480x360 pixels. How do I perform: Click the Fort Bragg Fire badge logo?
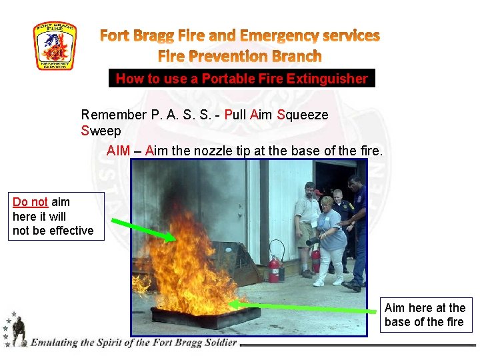tap(55, 47)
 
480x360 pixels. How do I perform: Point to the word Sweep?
tap(101, 131)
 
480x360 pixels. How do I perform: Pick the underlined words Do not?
tap(30, 202)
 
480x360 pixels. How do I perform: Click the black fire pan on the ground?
tap(203, 317)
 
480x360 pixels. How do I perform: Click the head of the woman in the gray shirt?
tap(327, 203)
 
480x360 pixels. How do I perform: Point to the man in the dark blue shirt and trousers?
tap(357, 227)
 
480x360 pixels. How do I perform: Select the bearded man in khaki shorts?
tap(307, 223)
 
